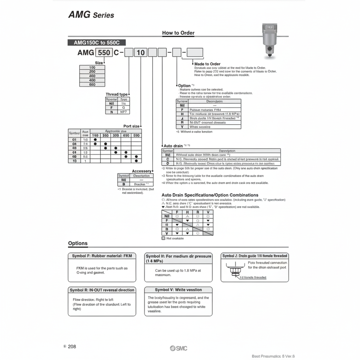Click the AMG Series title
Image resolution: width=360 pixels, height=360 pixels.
tap(91, 15)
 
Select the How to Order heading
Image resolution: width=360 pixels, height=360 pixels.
tap(178, 33)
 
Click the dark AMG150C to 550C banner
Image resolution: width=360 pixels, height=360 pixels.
tap(96, 43)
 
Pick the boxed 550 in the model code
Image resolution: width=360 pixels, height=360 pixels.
tap(104, 52)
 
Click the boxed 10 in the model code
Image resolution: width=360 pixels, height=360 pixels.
tap(140, 52)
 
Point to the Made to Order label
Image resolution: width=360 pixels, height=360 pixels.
tap(207, 64)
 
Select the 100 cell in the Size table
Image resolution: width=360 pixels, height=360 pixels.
tap(92, 67)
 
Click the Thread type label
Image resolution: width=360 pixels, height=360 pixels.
tap(117, 94)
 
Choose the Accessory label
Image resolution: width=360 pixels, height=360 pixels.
tap(141, 171)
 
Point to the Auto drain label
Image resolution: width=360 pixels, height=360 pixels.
tap(173, 145)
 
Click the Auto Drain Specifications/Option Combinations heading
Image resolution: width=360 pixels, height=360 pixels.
tap(210, 195)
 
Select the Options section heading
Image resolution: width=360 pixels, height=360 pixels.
tap(78, 243)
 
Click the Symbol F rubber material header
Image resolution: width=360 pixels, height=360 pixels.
tap(102, 256)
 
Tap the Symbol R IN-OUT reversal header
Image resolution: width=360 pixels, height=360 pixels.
tap(102, 290)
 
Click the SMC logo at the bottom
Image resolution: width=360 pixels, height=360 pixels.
tap(178, 348)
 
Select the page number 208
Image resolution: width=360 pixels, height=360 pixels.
tap(72, 346)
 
